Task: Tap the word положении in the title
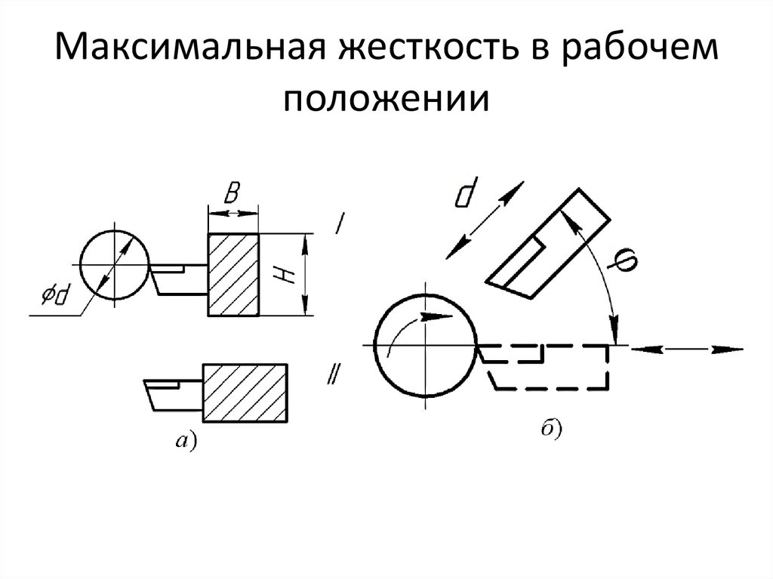[386, 99]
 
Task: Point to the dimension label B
[233, 196]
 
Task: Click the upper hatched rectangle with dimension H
[233, 274]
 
